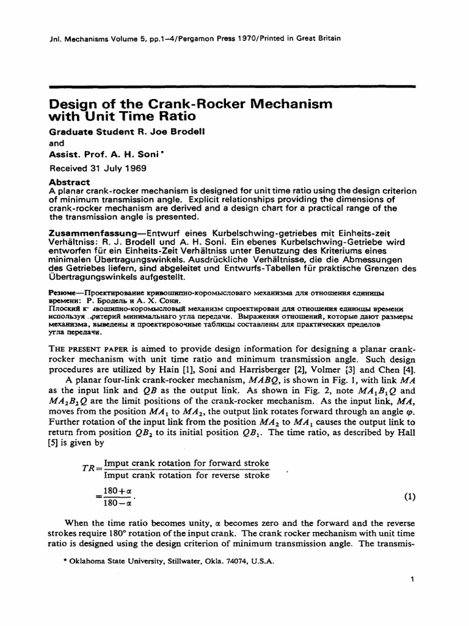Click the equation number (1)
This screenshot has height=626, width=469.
(x=410, y=496)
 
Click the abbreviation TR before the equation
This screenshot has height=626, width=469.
(x=89, y=468)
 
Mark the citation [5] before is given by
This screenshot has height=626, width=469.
(x=53, y=444)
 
